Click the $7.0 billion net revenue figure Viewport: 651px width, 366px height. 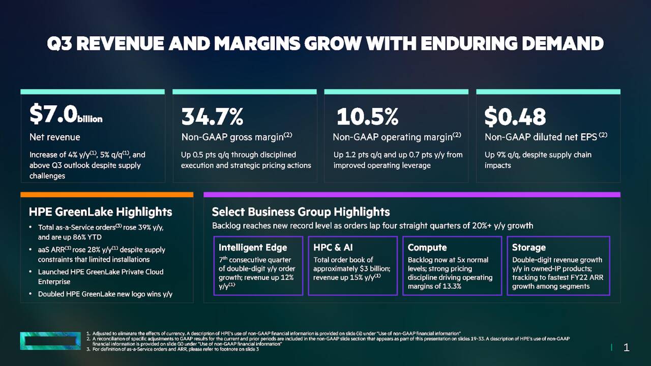click(x=66, y=115)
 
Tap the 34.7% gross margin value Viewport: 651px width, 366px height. click(x=212, y=117)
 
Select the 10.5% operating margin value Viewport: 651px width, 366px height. click(x=367, y=117)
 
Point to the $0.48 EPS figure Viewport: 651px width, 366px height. click(x=515, y=117)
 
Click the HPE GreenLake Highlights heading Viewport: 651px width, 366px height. click(x=100, y=212)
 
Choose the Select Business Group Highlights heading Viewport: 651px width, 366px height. click(x=301, y=212)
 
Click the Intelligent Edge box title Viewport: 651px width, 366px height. click(x=253, y=248)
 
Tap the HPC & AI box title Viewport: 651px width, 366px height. click(x=333, y=248)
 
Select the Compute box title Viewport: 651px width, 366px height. click(x=427, y=248)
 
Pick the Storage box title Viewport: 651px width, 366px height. click(x=528, y=248)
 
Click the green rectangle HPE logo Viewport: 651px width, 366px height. click(x=50, y=341)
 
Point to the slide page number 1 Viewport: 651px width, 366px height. click(x=626, y=348)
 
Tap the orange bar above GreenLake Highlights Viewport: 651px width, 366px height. click(x=107, y=195)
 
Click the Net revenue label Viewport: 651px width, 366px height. click(x=54, y=137)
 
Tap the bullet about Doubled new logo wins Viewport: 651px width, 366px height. click(x=105, y=294)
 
